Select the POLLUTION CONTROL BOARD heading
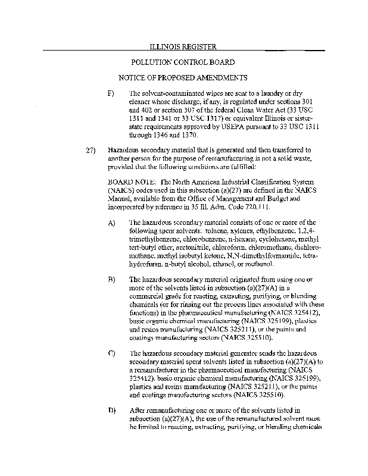182,62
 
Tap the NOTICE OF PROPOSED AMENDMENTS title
182,78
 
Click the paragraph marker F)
111,94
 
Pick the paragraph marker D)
111,411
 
